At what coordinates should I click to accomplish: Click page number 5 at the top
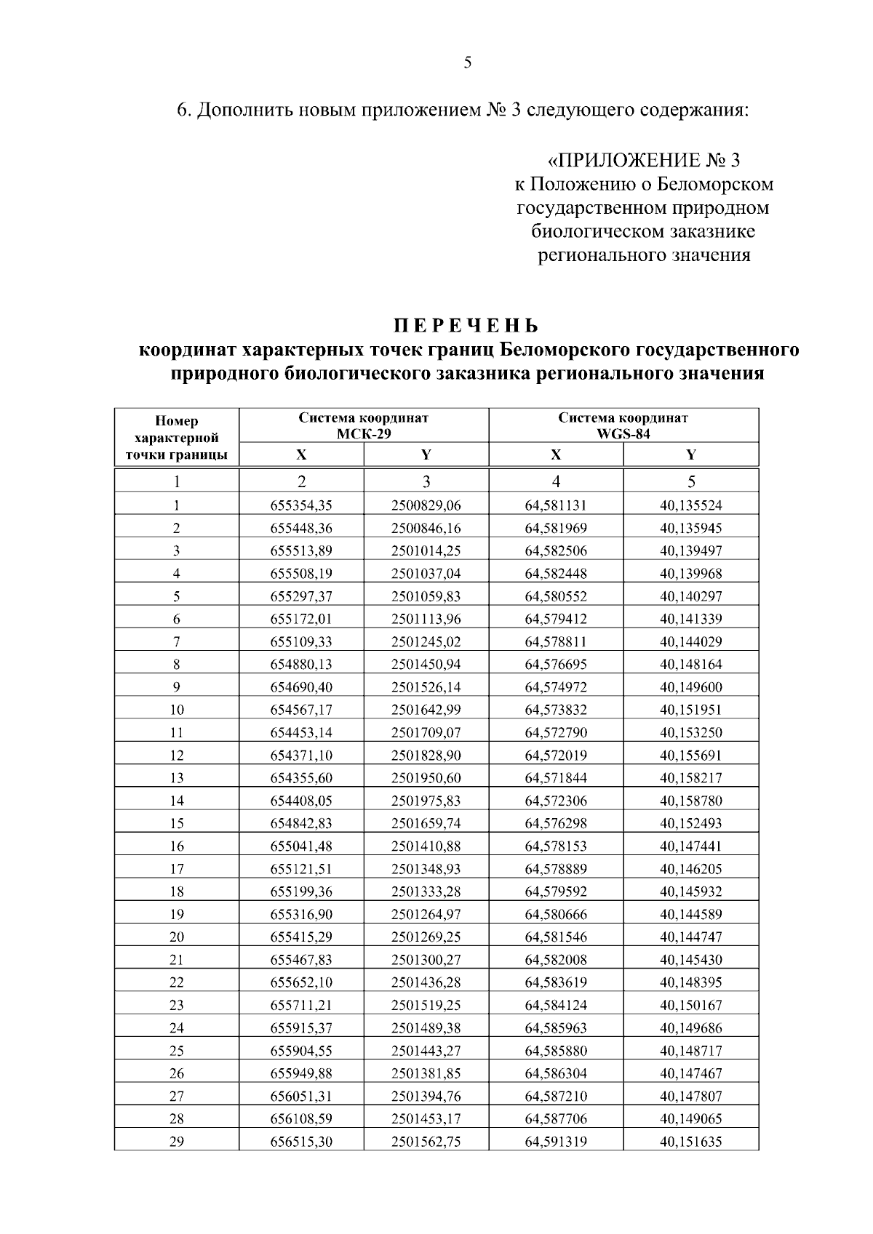(x=467, y=63)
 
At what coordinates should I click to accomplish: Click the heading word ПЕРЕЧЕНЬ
(x=467, y=325)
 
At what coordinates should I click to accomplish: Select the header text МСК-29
(x=363, y=433)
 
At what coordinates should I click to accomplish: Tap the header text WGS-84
(x=623, y=433)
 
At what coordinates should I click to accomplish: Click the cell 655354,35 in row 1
(x=301, y=505)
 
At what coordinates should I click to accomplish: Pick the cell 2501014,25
(x=426, y=550)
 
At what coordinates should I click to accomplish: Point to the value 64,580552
(x=556, y=596)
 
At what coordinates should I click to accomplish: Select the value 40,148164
(x=690, y=664)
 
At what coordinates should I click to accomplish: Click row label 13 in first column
(x=177, y=778)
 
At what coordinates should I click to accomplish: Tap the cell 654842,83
(x=301, y=823)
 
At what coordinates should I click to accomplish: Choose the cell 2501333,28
(x=426, y=892)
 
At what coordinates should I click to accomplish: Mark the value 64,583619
(x=556, y=982)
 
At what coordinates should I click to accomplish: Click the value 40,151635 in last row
(x=690, y=1142)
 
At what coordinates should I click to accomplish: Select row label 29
(x=177, y=1142)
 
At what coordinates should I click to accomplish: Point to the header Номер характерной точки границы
(x=177, y=438)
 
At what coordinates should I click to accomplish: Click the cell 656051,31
(x=301, y=1096)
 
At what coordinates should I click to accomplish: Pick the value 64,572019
(x=556, y=755)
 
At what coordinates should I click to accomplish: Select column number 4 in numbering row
(x=556, y=481)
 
